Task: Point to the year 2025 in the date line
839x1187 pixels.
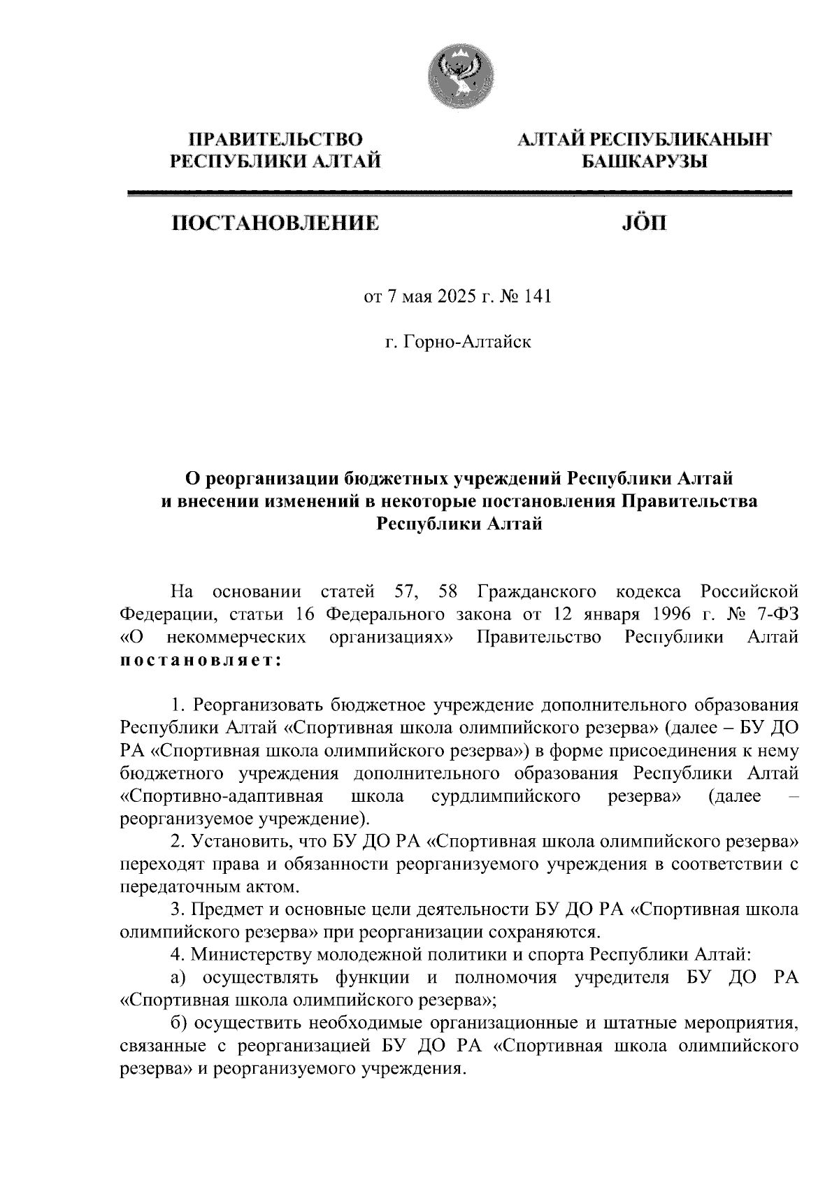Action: pos(458,297)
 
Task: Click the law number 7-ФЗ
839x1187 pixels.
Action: pos(772,614)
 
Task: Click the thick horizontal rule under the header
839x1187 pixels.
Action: pos(461,193)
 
